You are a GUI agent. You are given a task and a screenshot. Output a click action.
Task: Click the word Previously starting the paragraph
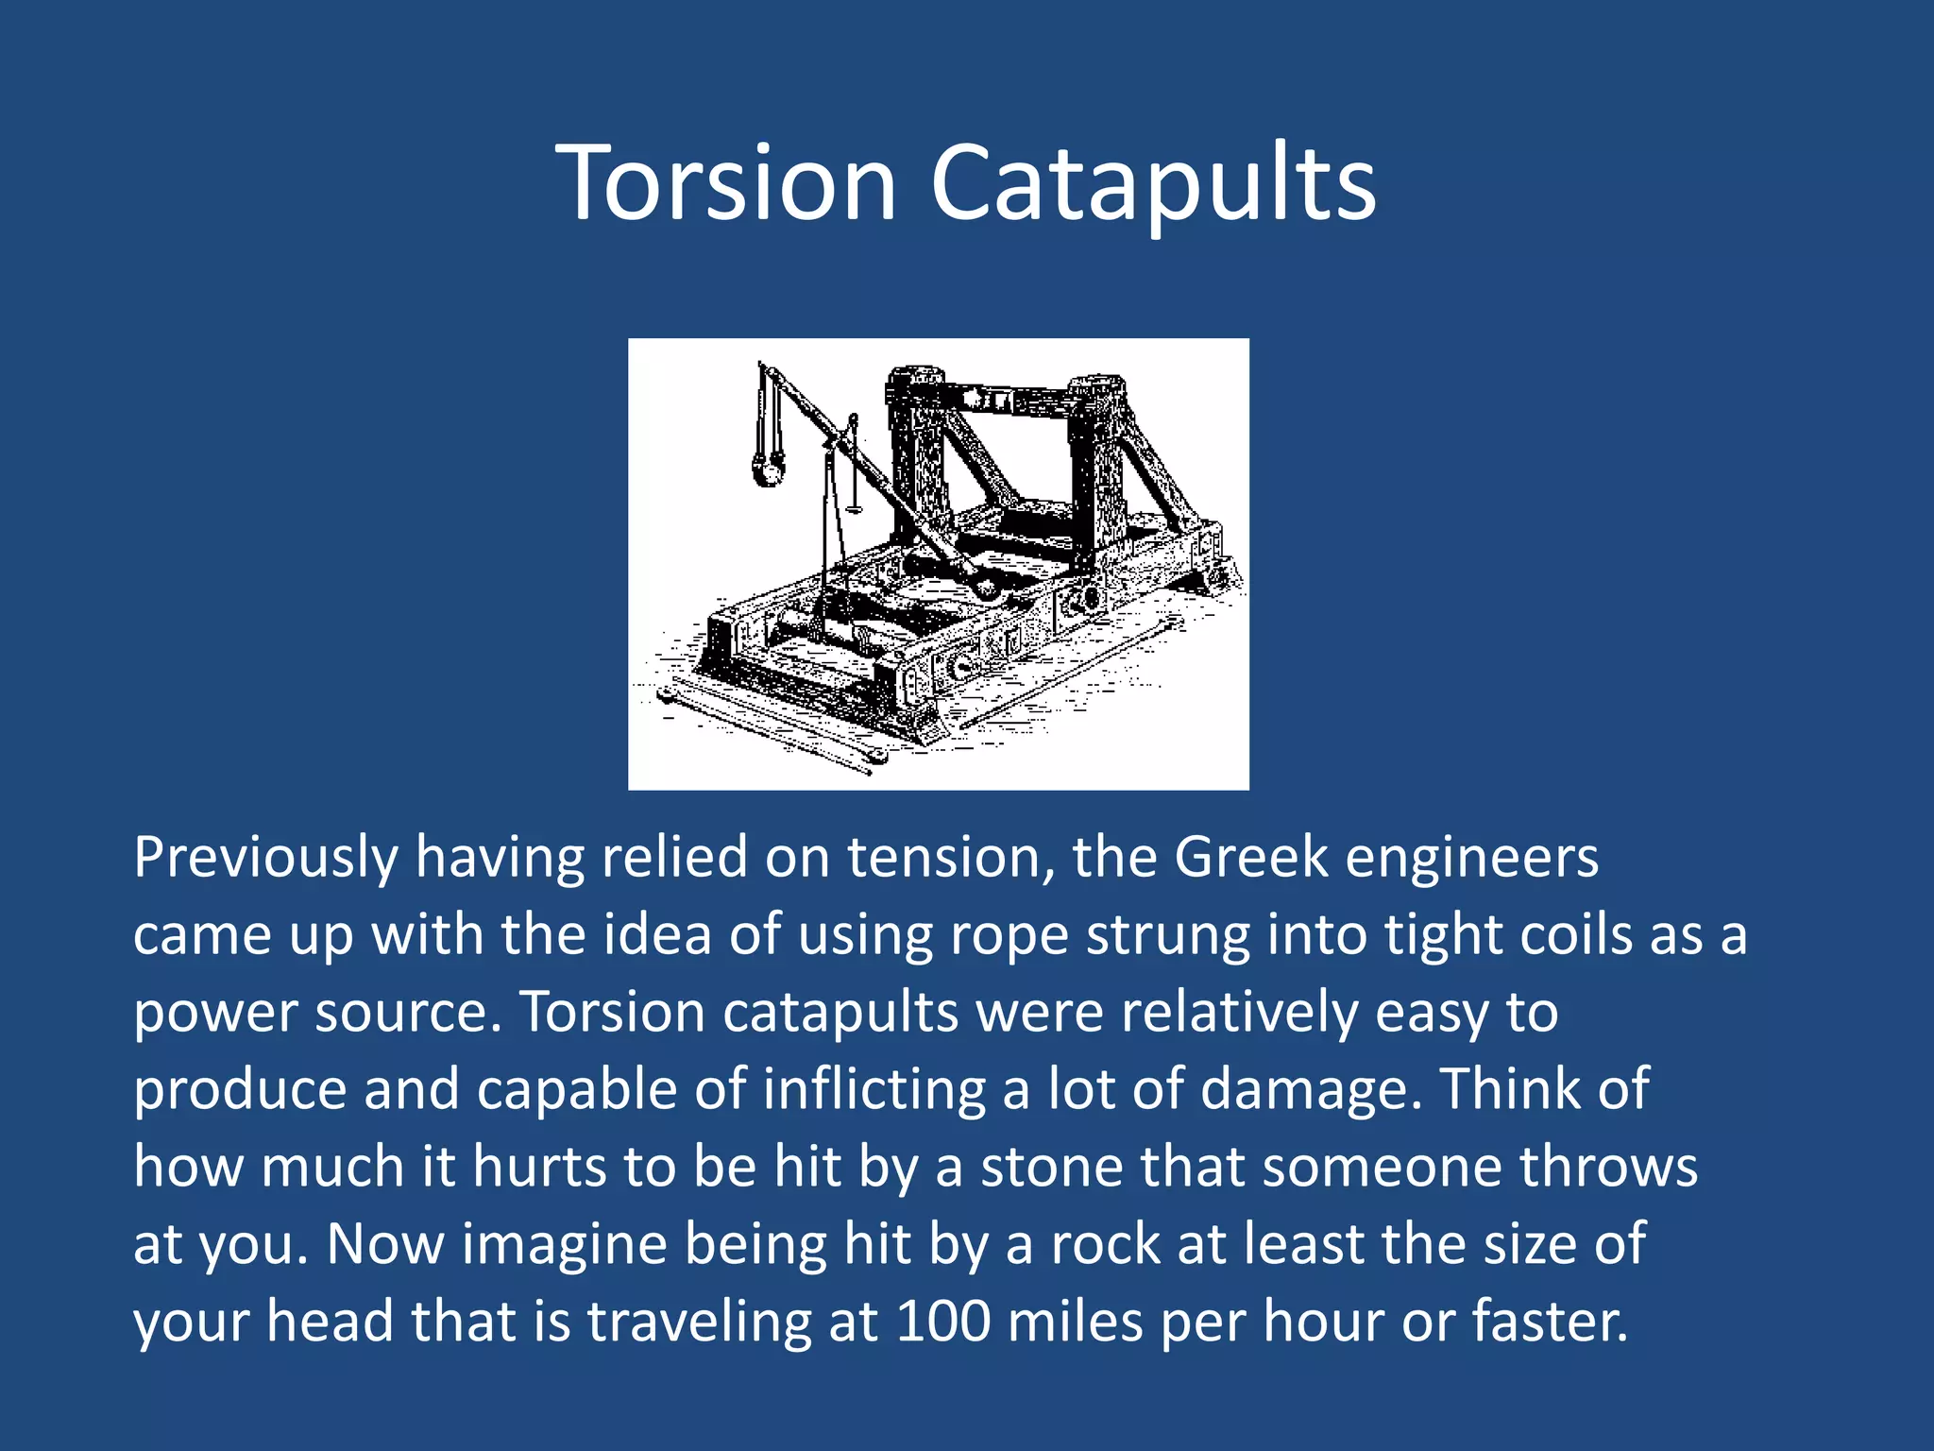tap(265, 858)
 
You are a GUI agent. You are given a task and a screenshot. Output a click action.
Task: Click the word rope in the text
tap(1009, 935)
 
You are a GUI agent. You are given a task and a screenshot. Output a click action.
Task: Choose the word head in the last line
tap(330, 1321)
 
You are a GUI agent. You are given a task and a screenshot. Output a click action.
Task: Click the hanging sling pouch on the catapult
tap(768, 468)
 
